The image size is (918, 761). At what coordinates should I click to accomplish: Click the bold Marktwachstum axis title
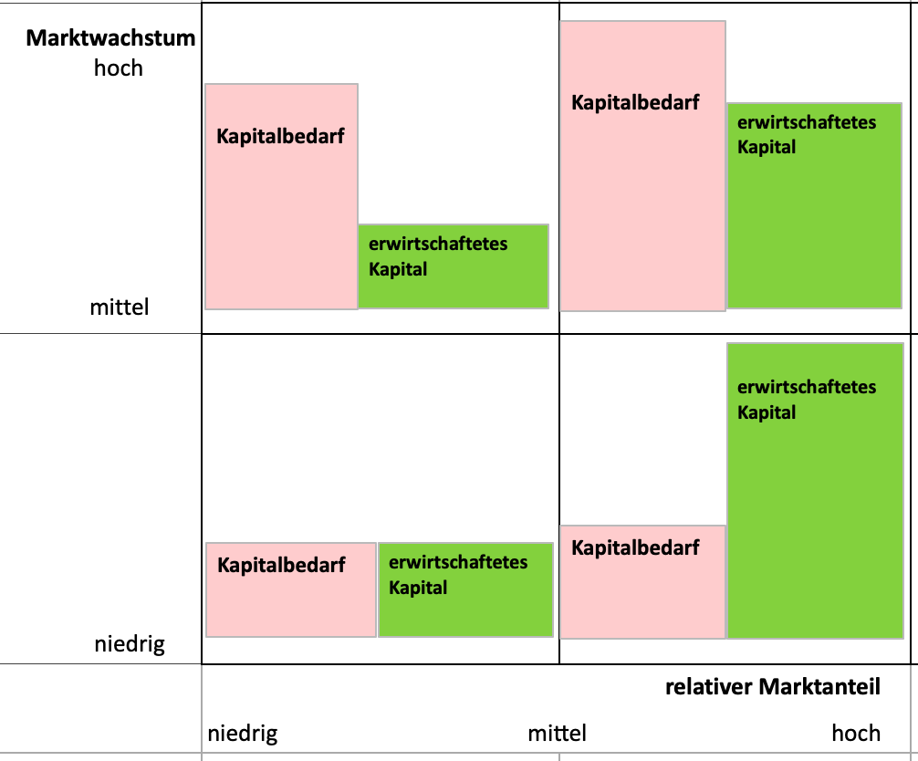click(110, 38)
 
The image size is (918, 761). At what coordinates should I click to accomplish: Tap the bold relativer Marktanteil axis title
click(773, 687)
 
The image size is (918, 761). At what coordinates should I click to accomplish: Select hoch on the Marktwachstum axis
click(119, 68)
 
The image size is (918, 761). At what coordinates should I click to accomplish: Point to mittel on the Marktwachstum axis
click(120, 307)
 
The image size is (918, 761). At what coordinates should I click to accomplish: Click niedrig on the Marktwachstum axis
click(130, 644)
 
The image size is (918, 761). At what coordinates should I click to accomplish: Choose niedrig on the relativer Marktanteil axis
click(243, 734)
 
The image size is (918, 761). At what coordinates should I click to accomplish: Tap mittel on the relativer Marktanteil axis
click(557, 733)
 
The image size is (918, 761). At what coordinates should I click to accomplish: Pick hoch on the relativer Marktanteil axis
click(856, 733)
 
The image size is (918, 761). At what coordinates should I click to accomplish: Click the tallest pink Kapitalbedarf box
click(642, 166)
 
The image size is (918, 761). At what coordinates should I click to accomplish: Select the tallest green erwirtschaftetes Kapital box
click(815, 491)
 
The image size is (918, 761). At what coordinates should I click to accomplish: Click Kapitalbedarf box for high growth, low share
click(281, 196)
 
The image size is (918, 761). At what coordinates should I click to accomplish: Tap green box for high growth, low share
click(454, 266)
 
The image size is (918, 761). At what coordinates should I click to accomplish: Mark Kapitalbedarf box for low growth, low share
click(291, 589)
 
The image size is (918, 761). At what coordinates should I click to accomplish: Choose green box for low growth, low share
click(465, 589)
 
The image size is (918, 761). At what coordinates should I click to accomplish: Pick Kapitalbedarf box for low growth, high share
click(642, 582)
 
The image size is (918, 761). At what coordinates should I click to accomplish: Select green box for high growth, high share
click(814, 205)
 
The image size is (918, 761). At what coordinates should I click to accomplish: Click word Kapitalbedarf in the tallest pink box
click(635, 103)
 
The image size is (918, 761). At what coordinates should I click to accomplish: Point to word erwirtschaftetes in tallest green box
click(807, 386)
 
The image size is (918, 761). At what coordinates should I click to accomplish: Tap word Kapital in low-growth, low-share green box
click(418, 588)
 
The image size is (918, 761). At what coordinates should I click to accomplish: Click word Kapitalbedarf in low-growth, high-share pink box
click(635, 547)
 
